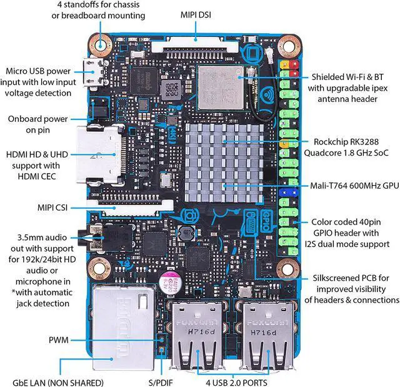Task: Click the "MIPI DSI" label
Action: click(196, 14)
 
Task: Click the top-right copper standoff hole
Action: click(289, 46)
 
